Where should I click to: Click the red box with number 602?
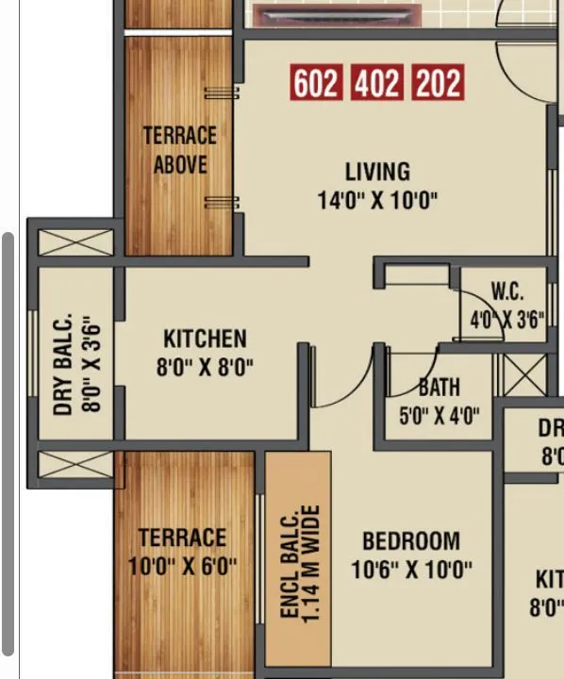(x=315, y=84)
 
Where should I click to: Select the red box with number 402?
(x=377, y=84)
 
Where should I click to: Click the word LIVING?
(x=377, y=172)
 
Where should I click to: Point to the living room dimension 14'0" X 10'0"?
(x=377, y=200)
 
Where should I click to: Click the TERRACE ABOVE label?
(x=179, y=150)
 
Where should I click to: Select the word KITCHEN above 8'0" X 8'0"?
(x=205, y=339)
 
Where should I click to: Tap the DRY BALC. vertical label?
(x=64, y=364)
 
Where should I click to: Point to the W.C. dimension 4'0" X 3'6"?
(x=507, y=319)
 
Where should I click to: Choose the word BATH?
(x=440, y=387)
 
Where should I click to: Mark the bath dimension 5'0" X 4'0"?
(x=440, y=415)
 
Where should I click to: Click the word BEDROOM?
(x=411, y=541)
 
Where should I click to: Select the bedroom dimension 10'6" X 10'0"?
(x=411, y=570)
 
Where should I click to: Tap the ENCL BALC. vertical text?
(x=290, y=564)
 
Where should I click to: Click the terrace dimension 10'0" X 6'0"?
(x=182, y=567)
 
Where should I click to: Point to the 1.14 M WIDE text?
(x=313, y=564)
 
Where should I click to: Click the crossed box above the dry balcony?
(x=75, y=242)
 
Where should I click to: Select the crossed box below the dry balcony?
(x=75, y=465)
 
